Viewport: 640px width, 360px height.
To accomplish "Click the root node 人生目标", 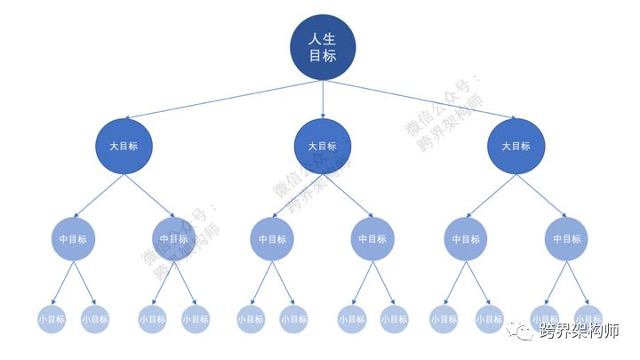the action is [x=323, y=48].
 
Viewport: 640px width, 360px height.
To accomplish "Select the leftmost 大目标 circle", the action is [x=124, y=147].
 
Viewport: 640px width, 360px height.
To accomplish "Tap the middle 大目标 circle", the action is [x=323, y=147].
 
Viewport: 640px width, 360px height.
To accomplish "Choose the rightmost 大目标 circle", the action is [x=516, y=147].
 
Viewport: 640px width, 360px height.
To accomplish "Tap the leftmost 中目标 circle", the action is [x=74, y=239].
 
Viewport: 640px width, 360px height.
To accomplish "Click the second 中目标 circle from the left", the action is [x=174, y=239].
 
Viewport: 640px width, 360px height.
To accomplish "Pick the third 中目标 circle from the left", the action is [x=273, y=239].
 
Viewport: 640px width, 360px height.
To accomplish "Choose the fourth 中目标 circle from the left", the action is [x=373, y=239].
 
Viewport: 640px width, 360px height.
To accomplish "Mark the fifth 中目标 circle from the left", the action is [x=466, y=239].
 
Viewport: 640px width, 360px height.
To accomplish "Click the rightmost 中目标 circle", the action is [x=566, y=239].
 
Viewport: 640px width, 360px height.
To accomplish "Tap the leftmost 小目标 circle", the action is [x=52, y=319].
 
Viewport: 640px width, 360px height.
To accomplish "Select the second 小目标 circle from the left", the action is [x=95, y=319].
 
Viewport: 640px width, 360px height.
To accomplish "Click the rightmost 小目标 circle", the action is [x=588, y=317].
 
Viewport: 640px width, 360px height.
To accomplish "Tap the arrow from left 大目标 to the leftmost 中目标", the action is [x=98, y=195].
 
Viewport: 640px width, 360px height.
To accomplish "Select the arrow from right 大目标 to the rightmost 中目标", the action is [x=542, y=195].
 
